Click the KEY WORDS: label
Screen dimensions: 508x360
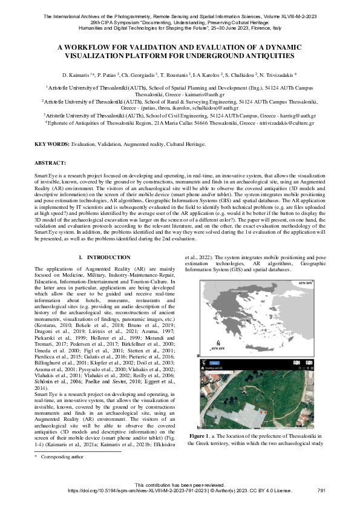52,144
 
